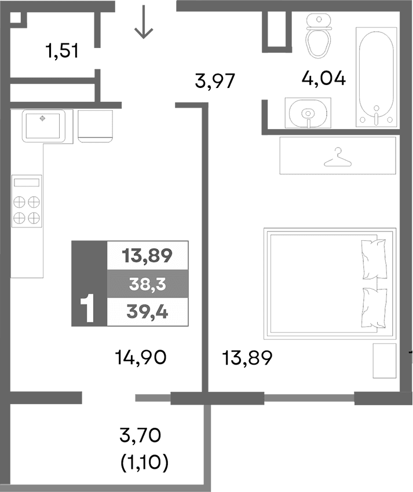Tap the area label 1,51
tap(62, 52)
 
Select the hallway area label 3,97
tap(214, 81)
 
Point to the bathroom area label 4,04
tap(324, 78)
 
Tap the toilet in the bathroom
tap(317, 37)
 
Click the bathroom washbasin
tap(308, 112)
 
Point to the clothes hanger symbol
tap(338, 156)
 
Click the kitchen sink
tap(43, 125)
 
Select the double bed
tap(329, 283)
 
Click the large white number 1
tap(87, 308)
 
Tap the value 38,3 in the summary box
tap(147, 284)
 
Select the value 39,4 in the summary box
tap(147, 313)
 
